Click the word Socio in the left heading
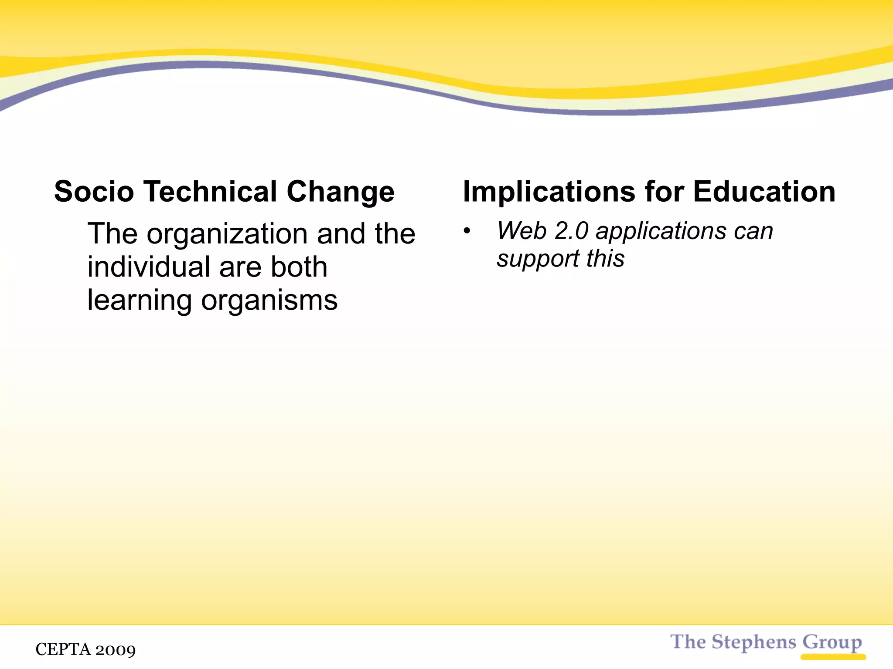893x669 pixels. (94, 192)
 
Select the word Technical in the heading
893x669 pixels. (211, 192)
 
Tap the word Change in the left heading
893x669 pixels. (340, 193)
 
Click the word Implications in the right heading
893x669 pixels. (549, 193)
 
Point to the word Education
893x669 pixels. (764, 192)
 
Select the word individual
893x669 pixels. (149, 267)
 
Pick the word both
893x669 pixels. (299, 267)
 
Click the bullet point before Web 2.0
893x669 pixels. (467, 231)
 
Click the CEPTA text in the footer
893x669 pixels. (64, 649)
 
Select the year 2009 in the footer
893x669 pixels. (116, 650)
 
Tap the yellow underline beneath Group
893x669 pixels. (833, 657)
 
